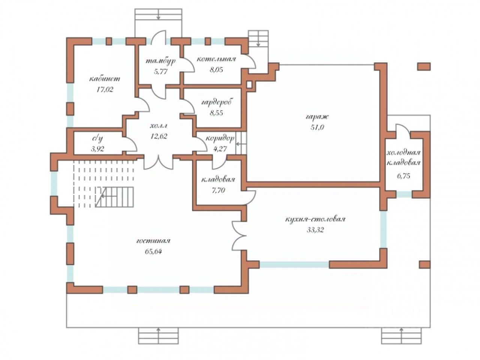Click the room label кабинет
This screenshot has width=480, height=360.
click(x=104, y=78)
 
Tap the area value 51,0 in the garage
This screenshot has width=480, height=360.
click(x=317, y=127)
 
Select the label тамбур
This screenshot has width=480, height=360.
click(x=160, y=61)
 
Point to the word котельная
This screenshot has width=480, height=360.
click(x=216, y=59)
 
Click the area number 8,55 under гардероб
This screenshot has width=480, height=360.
click(x=216, y=113)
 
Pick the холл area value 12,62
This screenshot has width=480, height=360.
click(x=159, y=136)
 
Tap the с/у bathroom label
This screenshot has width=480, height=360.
click(x=97, y=139)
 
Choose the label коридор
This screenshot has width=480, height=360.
click(x=220, y=138)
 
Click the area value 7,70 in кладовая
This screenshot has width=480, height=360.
click(x=218, y=190)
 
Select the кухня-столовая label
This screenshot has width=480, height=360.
click(x=315, y=219)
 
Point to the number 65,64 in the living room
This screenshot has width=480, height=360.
click(x=153, y=252)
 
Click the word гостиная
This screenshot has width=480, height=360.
click(x=153, y=241)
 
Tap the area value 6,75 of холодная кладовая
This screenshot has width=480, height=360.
click(x=403, y=176)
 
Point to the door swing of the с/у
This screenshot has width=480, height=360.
click(x=132, y=143)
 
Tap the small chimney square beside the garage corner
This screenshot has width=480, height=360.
click(x=249, y=85)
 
